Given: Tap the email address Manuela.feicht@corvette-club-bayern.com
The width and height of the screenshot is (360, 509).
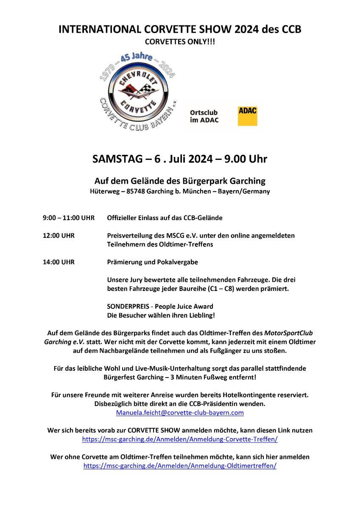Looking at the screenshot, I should (180, 412).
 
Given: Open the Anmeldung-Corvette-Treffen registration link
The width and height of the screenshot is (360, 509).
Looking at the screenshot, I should (180, 439).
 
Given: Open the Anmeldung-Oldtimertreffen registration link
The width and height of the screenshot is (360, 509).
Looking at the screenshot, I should (180, 466).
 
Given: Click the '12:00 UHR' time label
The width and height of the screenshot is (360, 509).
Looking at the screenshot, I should (59, 235).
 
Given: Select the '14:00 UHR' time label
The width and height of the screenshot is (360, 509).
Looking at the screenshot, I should (59, 262).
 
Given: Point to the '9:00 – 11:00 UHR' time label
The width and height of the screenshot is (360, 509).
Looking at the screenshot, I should (69, 218).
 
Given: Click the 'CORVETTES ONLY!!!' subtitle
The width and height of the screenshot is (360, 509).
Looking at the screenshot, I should (180, 42).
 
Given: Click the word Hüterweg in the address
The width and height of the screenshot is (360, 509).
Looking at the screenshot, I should (104, 191).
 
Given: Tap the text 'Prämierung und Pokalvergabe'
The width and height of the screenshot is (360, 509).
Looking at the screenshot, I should (153, 262).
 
